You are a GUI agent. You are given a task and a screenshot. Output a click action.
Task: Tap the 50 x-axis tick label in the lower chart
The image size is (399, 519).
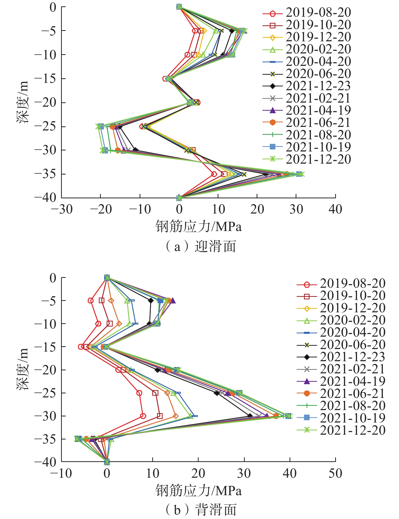(335, 473)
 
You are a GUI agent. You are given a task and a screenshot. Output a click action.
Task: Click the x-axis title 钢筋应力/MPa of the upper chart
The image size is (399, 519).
(198, 226)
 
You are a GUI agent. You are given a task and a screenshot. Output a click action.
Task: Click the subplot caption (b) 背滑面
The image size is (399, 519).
(200, 510)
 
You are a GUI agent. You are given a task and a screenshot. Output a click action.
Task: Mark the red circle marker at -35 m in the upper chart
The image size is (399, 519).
(214, 174)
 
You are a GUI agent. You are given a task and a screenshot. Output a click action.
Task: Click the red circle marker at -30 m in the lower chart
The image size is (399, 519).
(143, 416)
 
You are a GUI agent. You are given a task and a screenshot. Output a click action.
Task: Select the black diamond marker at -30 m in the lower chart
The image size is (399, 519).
(250, 416)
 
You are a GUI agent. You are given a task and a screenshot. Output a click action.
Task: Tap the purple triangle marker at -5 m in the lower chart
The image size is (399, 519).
(173, 301)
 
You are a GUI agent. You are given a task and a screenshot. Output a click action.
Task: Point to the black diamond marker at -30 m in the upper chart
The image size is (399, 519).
(136, 150)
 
